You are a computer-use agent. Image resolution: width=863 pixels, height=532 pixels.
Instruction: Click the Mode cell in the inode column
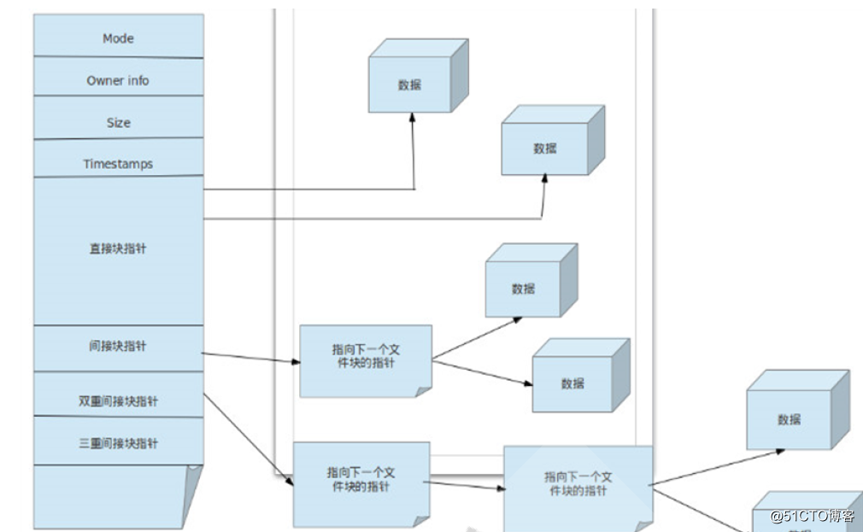click(x=118, y=38)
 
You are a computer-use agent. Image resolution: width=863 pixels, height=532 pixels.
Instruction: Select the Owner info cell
click(x=118, y=80)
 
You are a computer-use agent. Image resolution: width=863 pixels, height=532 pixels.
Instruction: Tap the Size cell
click(x=118, y=122)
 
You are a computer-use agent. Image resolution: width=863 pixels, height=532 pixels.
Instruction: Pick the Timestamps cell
click(x=118, y=163)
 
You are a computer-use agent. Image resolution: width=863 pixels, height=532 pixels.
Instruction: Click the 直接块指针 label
click(x=118, y=248)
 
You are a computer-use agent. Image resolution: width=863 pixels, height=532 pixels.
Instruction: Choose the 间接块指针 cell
click(x=118, y=347)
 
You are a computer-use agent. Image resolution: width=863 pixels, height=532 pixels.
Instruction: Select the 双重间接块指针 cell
click(x=118, y=400)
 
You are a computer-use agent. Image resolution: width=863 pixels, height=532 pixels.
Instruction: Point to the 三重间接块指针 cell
click(x=118, y=443)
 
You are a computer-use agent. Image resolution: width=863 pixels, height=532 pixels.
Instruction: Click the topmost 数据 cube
click(x=411, y=84)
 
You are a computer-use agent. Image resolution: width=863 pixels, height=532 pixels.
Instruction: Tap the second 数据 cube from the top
click(x=545, y=148)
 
